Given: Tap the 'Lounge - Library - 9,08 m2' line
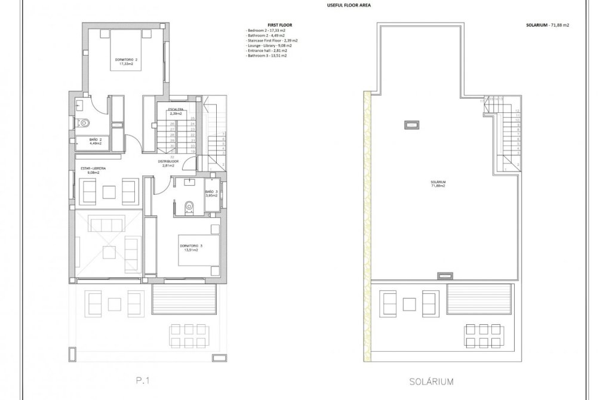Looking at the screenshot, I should [270, 45].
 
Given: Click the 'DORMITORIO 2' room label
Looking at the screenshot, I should [126, 60].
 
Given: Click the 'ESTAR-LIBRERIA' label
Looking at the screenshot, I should [93, 169].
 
